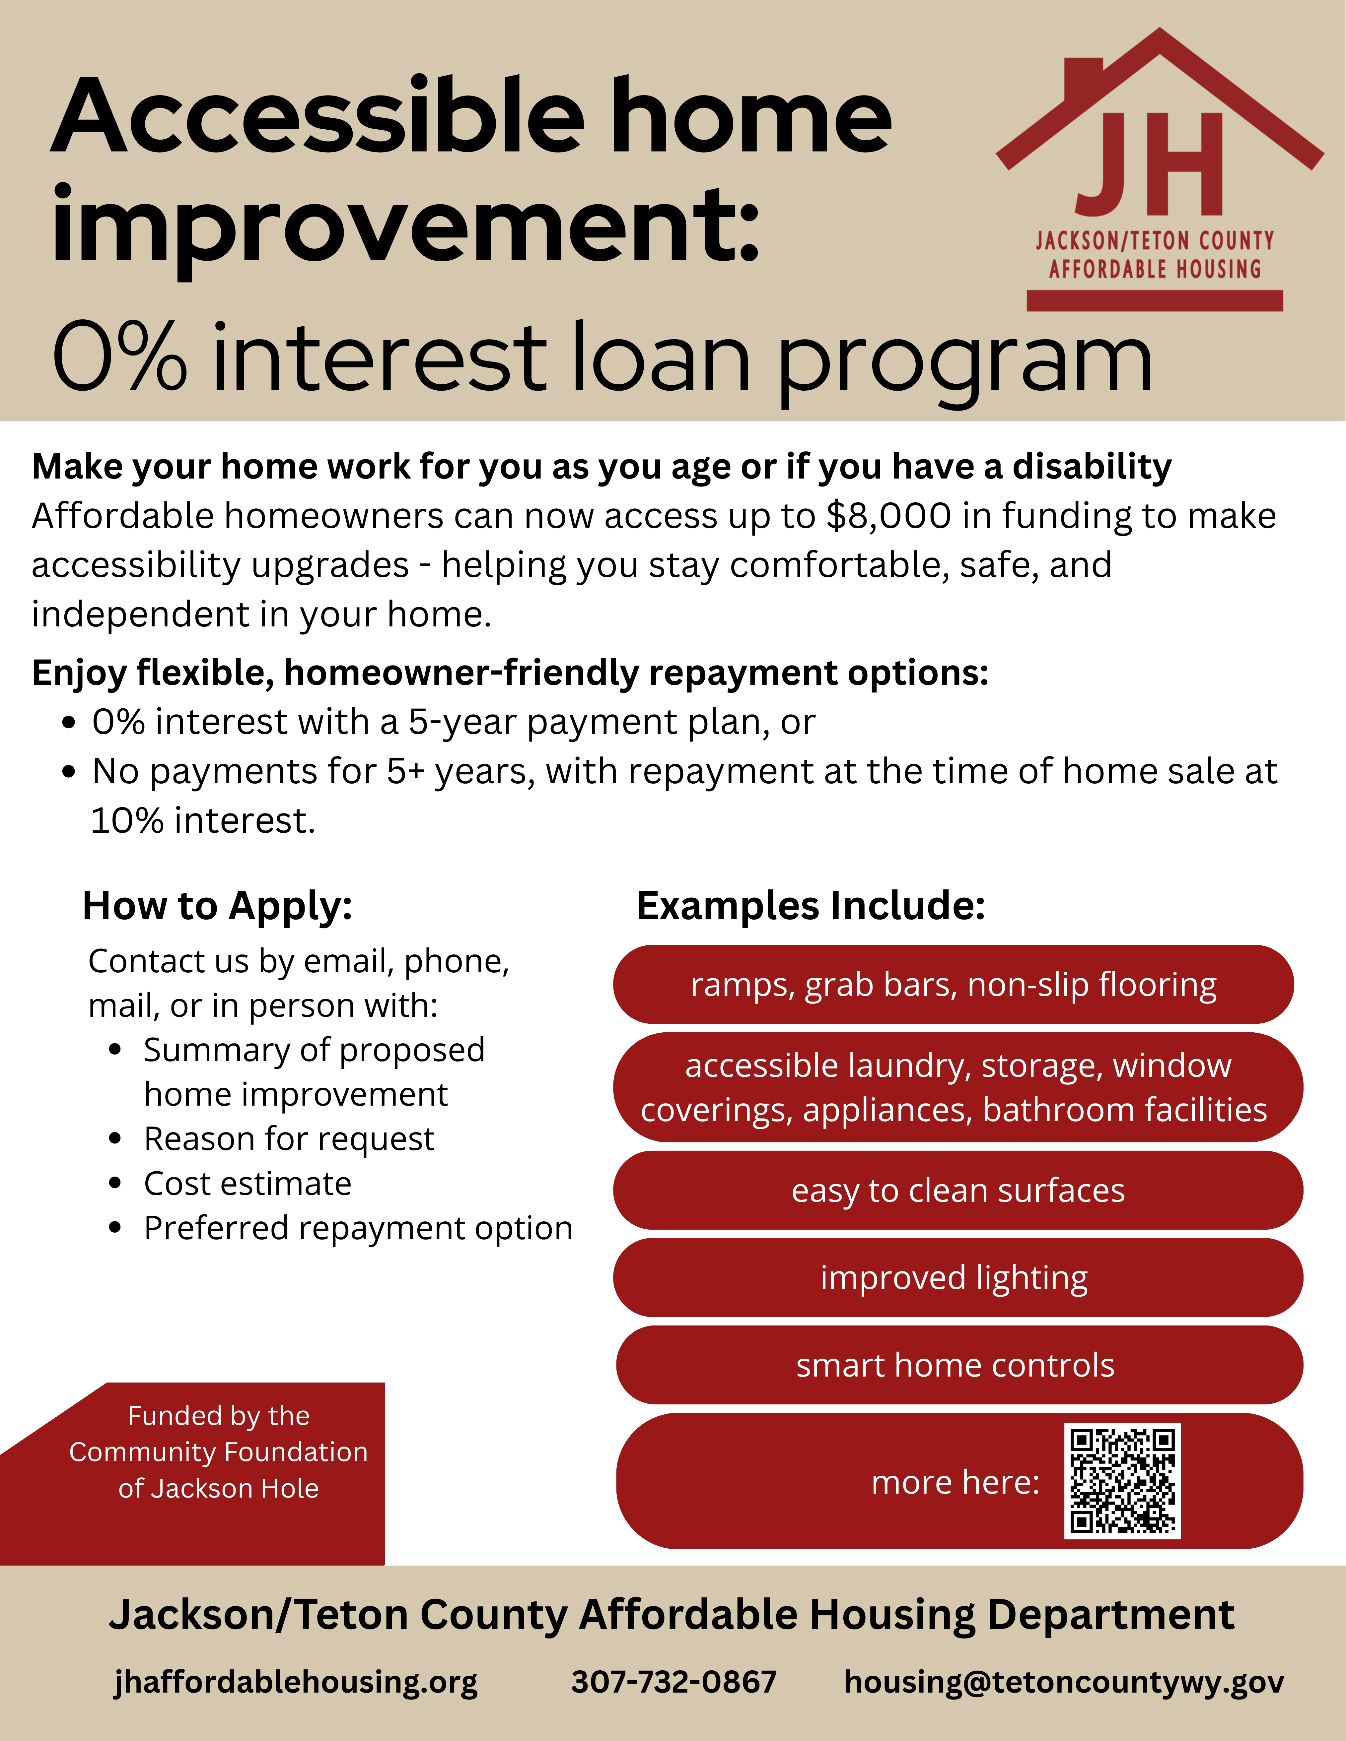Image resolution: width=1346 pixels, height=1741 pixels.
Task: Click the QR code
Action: [x=1122, y=1481]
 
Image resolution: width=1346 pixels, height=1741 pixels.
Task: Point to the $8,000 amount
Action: [x=888, y=516]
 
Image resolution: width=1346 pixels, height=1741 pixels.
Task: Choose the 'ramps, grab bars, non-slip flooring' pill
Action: [x=953, y=985]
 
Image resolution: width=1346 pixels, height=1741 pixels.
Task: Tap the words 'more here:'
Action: [x=955, y=1483]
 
